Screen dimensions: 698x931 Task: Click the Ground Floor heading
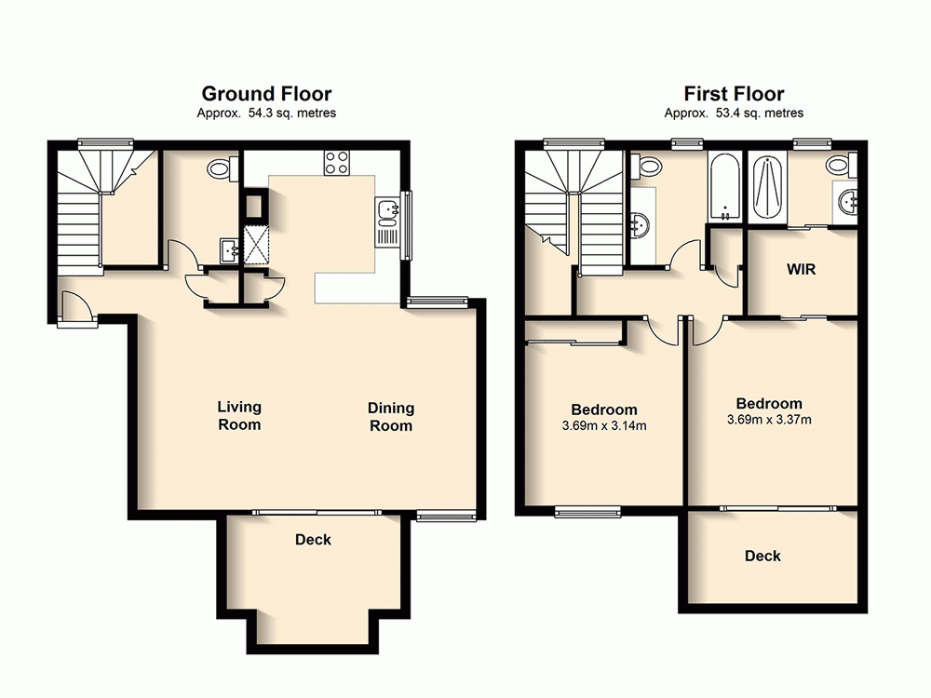(x=266, y=93)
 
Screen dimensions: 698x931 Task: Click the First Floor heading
(x=734, y=93)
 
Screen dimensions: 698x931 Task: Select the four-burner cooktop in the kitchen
(x=336, y=163)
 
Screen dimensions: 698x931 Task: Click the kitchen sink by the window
(x=387, y=214)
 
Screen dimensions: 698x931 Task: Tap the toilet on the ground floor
(x=220, y=168)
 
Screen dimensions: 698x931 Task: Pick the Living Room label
(x=239, y=416)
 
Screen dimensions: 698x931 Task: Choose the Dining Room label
(x=391, y=417)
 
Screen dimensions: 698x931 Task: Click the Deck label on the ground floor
(x=313, y=540)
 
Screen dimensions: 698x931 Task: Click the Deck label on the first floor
(x=762, y=556)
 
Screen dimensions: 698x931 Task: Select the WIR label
(x=802, y=271)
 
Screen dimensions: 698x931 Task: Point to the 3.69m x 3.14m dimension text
(x=604, y=426)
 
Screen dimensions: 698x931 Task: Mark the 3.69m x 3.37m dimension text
(x=769, y=420)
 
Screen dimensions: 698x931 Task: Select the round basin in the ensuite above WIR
(x=847, y=201)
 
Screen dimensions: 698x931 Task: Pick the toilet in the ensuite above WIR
(x=838, y=165)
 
